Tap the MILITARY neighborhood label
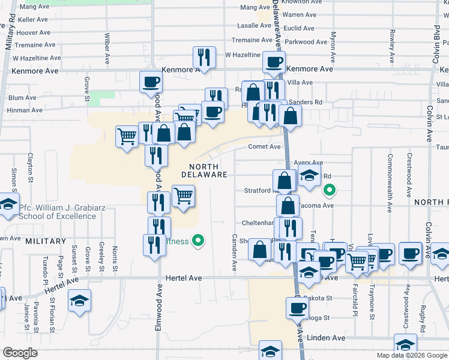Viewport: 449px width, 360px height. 46,241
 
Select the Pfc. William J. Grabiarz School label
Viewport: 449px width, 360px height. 58,213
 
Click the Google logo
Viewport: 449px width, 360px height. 20,353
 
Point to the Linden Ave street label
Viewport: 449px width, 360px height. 326,338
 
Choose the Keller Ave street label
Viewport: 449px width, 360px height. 33,20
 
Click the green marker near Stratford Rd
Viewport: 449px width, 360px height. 329,191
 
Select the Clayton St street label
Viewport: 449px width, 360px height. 29,164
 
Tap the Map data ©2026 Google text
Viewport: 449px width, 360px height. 411,355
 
